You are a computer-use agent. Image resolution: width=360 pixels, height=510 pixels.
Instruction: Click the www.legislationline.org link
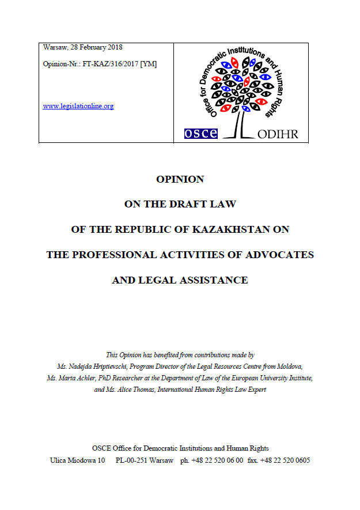pos(78,106)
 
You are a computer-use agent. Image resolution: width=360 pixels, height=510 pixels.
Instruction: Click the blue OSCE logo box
pos(200,133)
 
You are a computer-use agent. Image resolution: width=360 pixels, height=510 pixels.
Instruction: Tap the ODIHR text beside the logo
pos(278,134)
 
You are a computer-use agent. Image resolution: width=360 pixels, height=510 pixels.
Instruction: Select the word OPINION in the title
pos(180,179)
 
